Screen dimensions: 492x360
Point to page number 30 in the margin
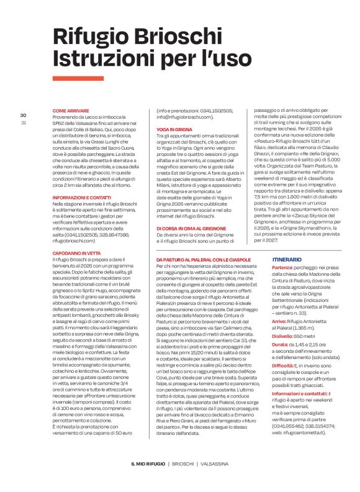pos(23,115)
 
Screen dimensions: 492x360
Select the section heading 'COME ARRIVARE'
pos(70,110)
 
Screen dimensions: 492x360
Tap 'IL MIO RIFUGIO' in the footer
pos(148,463)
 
